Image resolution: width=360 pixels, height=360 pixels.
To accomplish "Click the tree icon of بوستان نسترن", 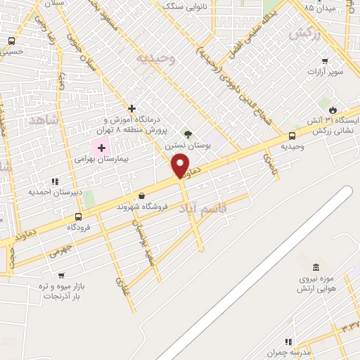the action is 187,134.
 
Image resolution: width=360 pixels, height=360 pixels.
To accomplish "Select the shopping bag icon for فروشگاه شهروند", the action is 142,196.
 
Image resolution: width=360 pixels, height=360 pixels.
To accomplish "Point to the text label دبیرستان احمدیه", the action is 56,191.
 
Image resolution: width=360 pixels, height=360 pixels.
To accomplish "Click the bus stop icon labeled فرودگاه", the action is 78,217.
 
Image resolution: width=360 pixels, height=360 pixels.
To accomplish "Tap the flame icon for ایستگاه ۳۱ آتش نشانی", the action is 333,109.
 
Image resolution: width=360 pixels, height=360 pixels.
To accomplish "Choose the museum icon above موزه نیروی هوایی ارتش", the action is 315,267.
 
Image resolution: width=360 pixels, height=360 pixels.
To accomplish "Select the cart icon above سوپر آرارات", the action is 325,61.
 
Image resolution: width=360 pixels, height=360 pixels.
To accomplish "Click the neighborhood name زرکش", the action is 304,34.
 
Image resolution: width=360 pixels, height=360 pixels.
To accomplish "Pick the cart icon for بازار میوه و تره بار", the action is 60,276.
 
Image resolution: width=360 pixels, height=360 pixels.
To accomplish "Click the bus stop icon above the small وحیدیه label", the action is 292,136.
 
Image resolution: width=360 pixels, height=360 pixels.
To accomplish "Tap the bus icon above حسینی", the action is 11,41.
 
